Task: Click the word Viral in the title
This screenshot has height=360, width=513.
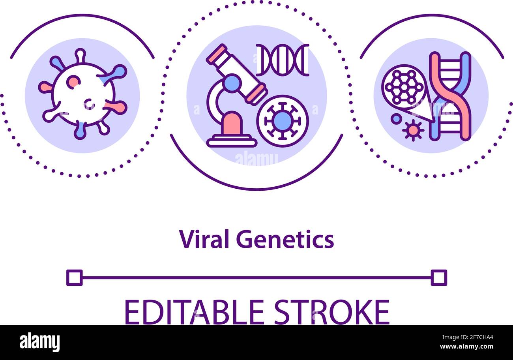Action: [203, 239]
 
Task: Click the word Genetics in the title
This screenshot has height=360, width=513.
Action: [285, 239]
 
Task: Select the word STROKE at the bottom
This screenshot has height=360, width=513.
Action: [332, 312]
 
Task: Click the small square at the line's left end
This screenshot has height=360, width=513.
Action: [75, 277]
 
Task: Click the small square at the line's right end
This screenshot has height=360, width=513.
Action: [438, 277]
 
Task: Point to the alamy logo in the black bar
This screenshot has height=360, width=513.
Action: [39, 342]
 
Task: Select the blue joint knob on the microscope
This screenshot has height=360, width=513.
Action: [232, 83]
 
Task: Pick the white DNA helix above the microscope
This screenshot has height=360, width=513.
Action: [282, 60]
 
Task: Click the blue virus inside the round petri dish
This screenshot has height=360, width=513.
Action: [282, 121]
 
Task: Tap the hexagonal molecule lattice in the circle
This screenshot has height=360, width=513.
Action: [404, 87]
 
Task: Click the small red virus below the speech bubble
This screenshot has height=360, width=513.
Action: [413, 129]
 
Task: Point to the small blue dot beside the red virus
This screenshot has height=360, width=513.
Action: [396, 118]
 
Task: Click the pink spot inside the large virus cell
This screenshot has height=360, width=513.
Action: [73, 82]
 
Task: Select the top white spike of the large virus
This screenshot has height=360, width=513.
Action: [80, 55]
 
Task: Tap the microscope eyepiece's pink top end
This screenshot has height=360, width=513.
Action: [217, 54]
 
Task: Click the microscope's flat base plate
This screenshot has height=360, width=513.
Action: [232, 141]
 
